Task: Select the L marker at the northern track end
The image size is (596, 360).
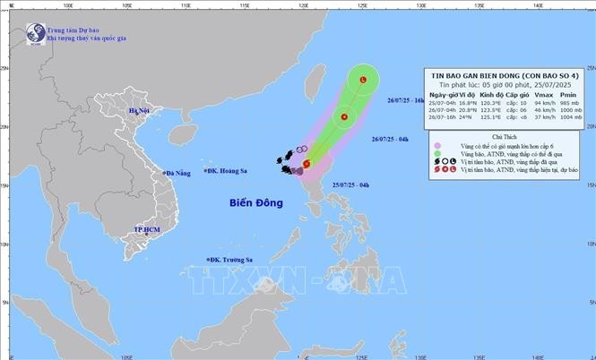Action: tap(362, 81)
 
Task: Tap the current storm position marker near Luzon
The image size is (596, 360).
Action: tap(307, 164)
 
